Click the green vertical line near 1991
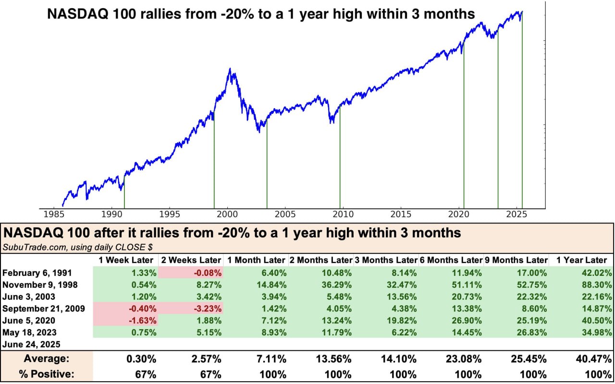124,192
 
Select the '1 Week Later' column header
125,260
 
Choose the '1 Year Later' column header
581,260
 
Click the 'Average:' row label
46,359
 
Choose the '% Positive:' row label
46,374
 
